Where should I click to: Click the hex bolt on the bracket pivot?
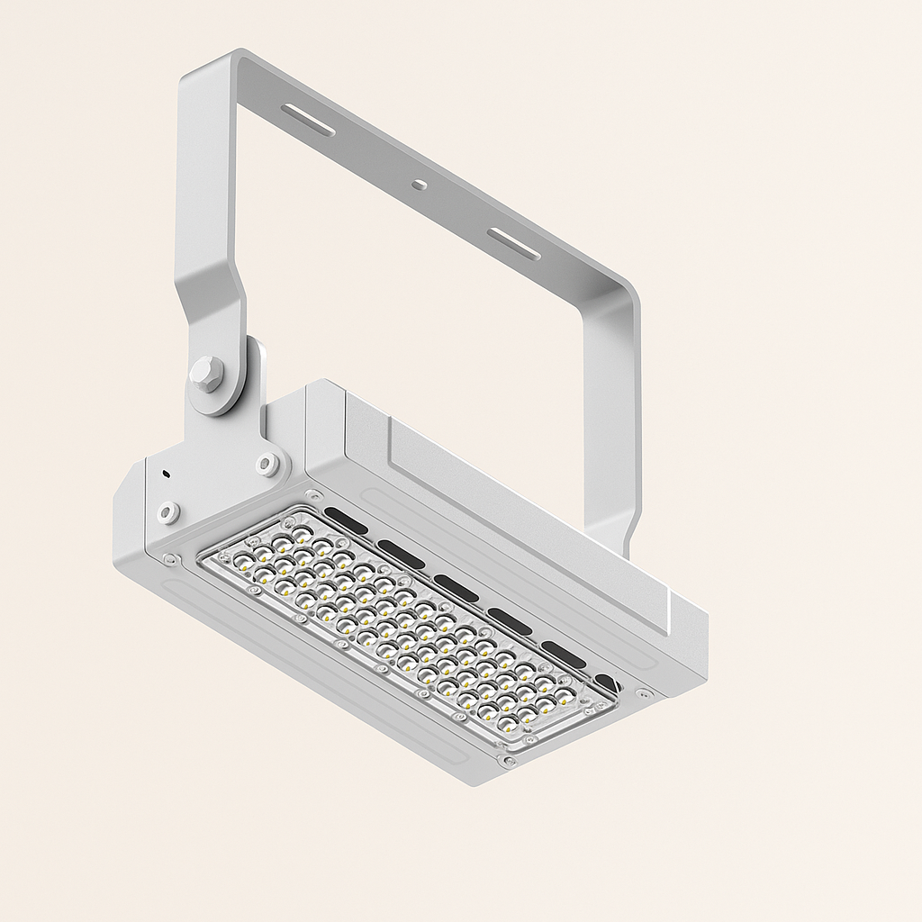206,374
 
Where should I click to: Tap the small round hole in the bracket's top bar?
419,185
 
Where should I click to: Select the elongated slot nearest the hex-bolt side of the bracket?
308,120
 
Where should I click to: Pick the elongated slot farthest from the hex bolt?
513,244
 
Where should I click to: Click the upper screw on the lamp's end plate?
267,465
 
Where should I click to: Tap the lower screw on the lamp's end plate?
168,512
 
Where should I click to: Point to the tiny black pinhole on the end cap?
166,472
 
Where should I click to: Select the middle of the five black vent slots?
456,588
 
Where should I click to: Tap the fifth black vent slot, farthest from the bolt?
564,655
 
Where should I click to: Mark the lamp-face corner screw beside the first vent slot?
312,495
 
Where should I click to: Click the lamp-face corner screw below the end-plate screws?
168,560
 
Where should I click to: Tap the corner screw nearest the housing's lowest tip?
509,762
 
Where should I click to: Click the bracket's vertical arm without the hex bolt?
612,423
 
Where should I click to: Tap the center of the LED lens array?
405,622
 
